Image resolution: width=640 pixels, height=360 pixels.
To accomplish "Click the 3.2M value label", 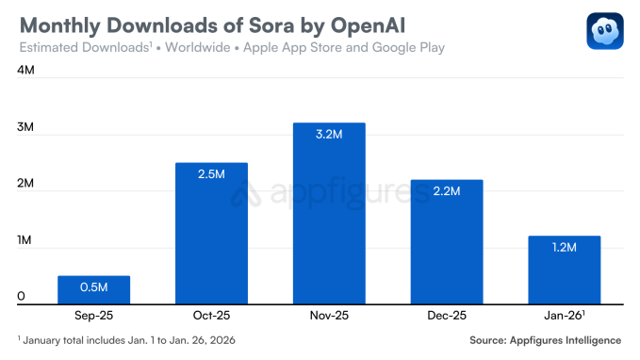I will tap(329, 134).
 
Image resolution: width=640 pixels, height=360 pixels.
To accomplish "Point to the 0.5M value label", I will tap(93, 286).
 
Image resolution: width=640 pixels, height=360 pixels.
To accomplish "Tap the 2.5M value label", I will tap(211, 174).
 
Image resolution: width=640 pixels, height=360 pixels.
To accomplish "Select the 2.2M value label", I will tap(447, 191).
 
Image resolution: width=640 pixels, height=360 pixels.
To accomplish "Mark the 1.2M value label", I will tap(564, 247).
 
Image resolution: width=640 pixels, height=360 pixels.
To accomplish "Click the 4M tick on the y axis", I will tap(26, 70).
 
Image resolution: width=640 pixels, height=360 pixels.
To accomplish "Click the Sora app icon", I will tap(604, 31).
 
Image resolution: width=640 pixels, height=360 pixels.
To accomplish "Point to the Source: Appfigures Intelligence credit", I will tap(545, 339).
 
